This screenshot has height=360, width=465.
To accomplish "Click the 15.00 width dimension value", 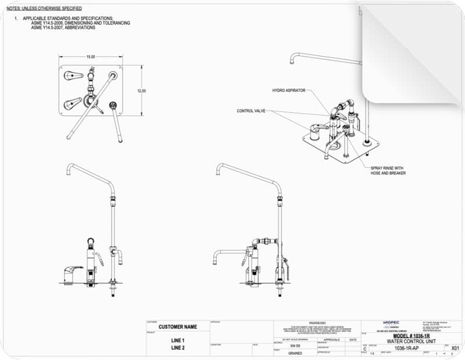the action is tap(91, 57).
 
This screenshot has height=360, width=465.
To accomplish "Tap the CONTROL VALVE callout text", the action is tap(251, 111).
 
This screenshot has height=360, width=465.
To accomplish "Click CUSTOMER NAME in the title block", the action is tap(177, 327).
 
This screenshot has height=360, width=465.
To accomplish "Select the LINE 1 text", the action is tap(177, 340).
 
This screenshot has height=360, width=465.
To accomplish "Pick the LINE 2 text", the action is tap(177, 348).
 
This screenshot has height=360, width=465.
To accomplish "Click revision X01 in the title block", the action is tap(456, 348).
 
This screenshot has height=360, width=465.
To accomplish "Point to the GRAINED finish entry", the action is tap(295, 352).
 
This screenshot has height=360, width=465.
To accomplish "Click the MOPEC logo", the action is tap(391, 322).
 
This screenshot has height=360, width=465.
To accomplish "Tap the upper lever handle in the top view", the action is tap(71, 75).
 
